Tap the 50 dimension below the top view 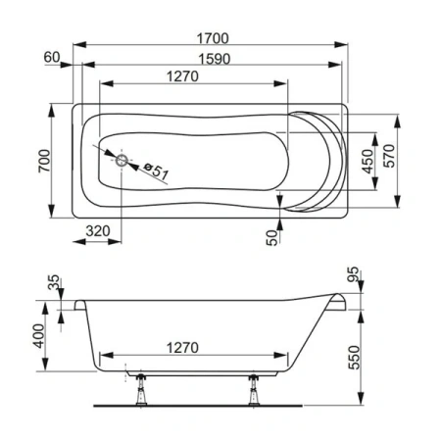point(270,236)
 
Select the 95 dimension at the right point(354,275)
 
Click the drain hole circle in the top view point(121,161)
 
